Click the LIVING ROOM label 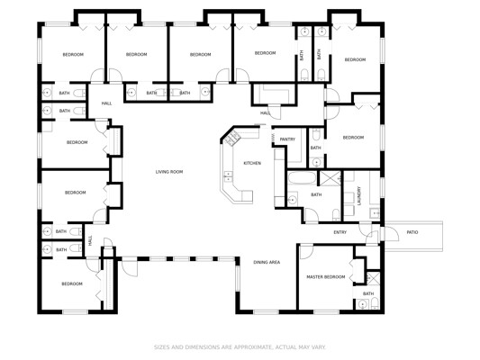click(169, 172)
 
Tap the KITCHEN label click(252, 163)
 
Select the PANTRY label click(287, 139)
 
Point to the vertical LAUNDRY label click(359, 196)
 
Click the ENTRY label click(340, 232)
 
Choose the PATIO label click(412, 232)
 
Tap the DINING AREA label click(267, 262)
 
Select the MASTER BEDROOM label click(326, 277)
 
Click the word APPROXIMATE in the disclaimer click(251, 347)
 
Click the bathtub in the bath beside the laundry click(302, 178)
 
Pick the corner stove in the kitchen click(232, 138)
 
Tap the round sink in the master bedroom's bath click(363, 304)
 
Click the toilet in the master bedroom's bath click(375, 304)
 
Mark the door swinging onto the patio click(391, 234)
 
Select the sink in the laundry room click(375, 213)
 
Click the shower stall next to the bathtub click(330, 178)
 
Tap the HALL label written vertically click(90, 240)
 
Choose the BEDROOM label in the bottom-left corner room click(72, 283)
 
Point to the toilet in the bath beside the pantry click(317, 134)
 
